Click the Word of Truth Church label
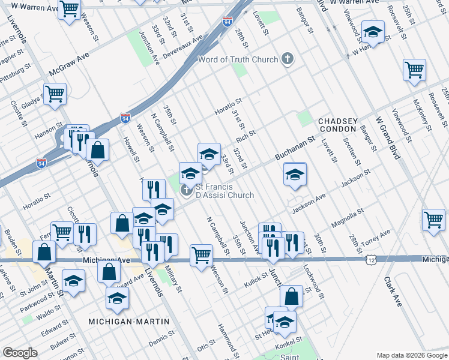pyautogui.click(x=238, y=59)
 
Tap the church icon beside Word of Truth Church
pyautogui.click(x=288, y=59)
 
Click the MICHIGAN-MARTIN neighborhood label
pyautogui.click(x=128, y=322)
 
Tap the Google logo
pyautogui.click(x=20, y=353)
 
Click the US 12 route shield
pyautogui.click(x=373, y=259)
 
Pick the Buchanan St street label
pyautogui.click(x=295, y=148)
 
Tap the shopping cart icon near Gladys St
pyautogui.click(x=55, y=94)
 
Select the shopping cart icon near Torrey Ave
pyautogui.click(x=433, y=220)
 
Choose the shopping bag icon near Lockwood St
pyautogui.click(x=291, y=296)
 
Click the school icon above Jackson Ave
pyautogui.click(x=295, y=175)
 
